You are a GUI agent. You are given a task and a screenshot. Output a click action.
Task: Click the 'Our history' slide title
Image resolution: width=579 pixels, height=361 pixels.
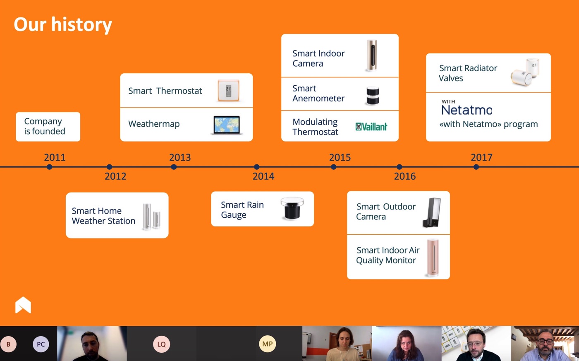pos(63,24)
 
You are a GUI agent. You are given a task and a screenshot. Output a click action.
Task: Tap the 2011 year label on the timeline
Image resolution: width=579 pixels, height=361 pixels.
pos(55,157)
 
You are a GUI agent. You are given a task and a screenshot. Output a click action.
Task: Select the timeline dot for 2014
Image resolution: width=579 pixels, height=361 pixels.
pos(257,167)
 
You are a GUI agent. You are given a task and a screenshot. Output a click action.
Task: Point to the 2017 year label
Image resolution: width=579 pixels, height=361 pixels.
pos(481,157)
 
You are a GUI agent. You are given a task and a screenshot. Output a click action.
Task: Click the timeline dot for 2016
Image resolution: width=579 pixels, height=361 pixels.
pos(400,167)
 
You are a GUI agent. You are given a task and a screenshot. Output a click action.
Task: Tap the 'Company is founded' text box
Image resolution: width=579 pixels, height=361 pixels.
pos(48,127)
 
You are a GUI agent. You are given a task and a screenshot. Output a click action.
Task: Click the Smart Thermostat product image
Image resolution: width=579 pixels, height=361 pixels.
pos(228,91)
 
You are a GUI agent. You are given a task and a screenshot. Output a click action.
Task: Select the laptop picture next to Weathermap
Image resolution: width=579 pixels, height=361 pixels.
pos(227,125)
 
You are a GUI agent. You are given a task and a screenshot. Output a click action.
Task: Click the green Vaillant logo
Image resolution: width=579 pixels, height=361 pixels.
pos(371,127)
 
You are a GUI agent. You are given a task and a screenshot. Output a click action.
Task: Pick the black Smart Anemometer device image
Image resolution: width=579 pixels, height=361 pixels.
pos(373,96)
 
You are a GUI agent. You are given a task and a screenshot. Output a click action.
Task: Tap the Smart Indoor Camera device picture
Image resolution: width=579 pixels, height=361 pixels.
pos(372,55)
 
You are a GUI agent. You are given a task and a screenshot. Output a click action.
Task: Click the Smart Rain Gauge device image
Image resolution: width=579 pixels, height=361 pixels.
pos(292,208)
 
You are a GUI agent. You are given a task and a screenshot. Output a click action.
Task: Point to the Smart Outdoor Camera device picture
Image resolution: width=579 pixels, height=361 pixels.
pos(432,212)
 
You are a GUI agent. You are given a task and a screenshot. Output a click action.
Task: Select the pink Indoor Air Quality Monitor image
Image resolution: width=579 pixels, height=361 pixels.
pos(433,258)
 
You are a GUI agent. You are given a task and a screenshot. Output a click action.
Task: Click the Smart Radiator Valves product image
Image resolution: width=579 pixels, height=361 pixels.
pos(525,72)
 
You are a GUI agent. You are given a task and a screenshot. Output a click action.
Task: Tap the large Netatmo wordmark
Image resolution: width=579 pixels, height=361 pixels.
pos(467,110)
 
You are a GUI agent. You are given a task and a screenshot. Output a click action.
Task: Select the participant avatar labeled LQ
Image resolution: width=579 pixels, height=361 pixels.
pos(162,344)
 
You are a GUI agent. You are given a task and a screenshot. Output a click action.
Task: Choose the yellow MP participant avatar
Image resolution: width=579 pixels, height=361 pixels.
pos(267,344)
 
